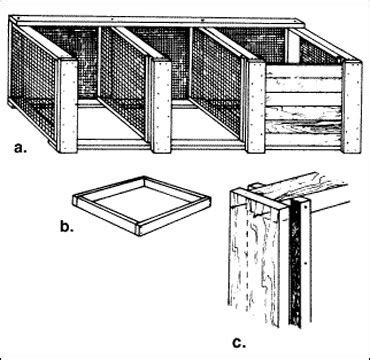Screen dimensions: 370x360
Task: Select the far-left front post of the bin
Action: (x=67, y=105)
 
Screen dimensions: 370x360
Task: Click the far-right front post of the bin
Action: (x=352, y=106)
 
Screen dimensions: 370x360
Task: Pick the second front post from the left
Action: (x=160, y=105)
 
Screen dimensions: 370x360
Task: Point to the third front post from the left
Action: (x=255, y=105)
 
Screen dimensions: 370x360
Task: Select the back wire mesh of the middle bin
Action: (x=165, y=60)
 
